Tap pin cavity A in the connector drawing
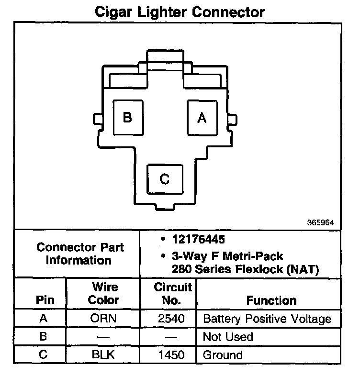click(202, 117)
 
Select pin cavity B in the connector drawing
click(127, 117)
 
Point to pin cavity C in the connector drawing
click(165, 179)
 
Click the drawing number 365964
click(320, 222)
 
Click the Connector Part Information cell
click(80, 254)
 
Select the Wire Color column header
click(104, 294)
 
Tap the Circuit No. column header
click(173, 294)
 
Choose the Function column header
click(271, 300)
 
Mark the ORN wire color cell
click(104, 319)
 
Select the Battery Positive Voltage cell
click(267, 319)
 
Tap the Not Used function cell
click(227, 337)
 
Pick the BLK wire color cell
click(104, 355)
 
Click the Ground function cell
click(223, 355)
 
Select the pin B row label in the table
click(43, 337)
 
